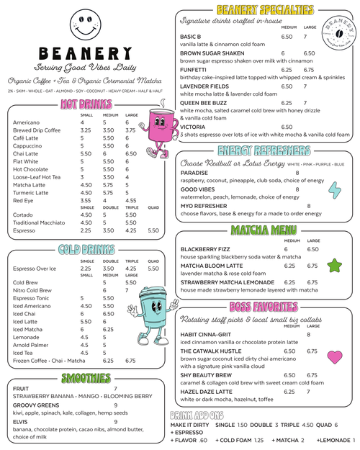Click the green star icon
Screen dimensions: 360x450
coord(334,266)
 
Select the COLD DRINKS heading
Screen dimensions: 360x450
coord(86,250)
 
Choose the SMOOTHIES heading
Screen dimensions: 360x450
coord(86,378)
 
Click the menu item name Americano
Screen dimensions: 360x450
coord(26,122)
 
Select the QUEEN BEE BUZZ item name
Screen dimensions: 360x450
coord(204,102)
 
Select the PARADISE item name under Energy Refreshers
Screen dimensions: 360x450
coord(194,173)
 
